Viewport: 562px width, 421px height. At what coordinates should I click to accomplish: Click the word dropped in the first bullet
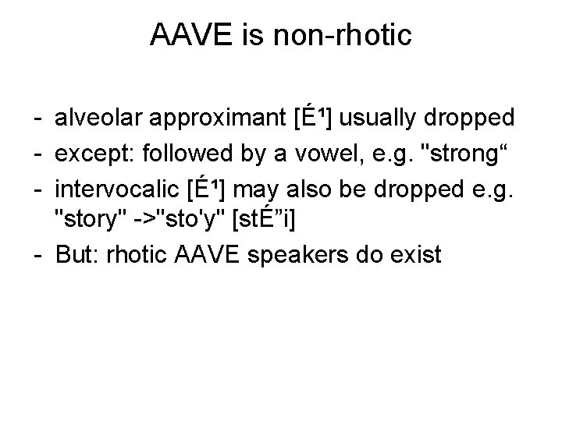[x=471, y=119]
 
